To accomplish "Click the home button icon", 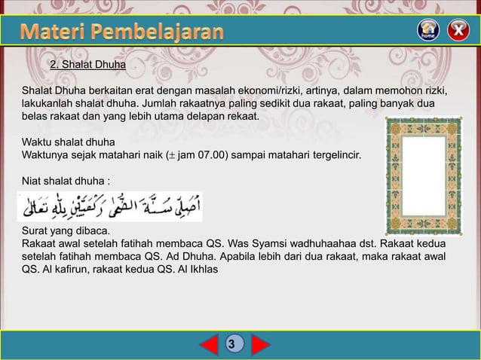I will tap(427, 30).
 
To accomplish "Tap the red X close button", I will tap(457, 30).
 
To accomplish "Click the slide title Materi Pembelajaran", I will tap(121, 32).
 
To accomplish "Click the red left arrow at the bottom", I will tap(209, 344).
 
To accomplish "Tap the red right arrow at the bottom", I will tap(260, 344).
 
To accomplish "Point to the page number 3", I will tap(234, 344).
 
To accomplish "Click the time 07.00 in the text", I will tap(215, 154).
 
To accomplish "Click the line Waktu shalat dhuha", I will tap(68, 142).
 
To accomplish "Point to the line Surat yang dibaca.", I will tap(66, 230).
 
